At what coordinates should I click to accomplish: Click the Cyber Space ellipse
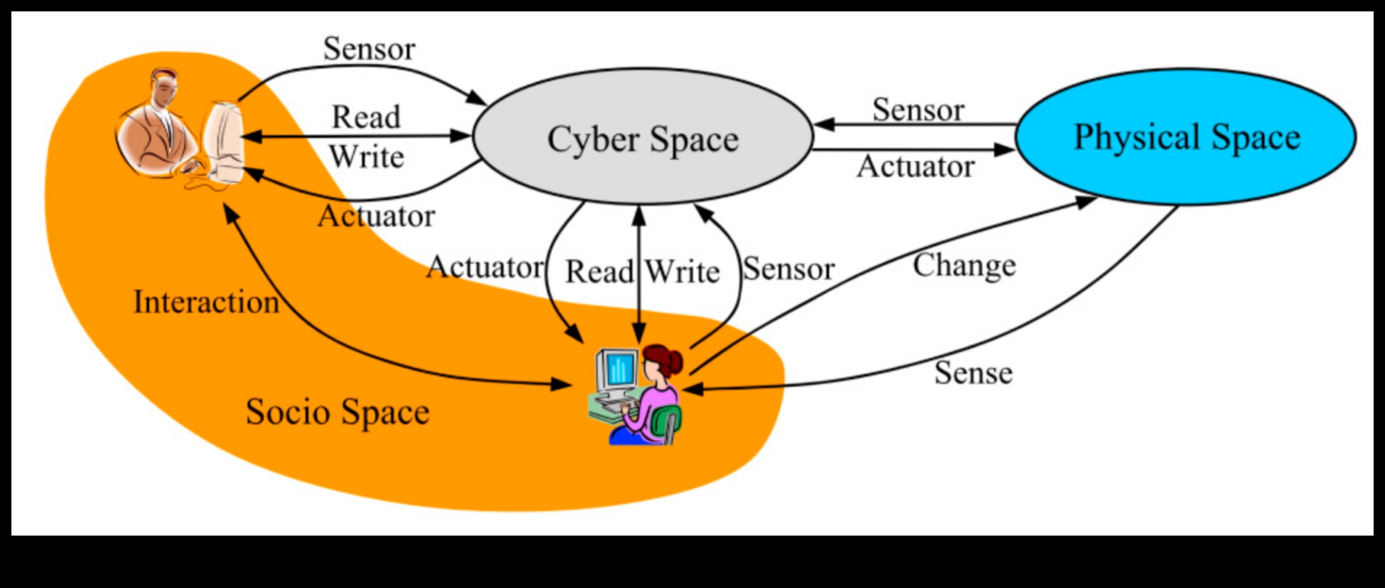click(x=642, y=137)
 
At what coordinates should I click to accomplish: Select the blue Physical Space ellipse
click(x=1186, y=137)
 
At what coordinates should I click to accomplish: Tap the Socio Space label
click(x=337, y=412)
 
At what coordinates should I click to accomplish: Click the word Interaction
click(x=206, y=302)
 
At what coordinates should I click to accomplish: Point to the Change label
click(x=964, y=266)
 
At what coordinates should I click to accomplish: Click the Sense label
click(x=973, y=374)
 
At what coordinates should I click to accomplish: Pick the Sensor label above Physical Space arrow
click(x=918, y=109)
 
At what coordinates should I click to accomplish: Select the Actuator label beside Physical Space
click(x=915, y=167)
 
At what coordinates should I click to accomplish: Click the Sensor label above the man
click(x=369, y=49)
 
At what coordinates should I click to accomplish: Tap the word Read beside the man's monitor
click(x=366, y=117)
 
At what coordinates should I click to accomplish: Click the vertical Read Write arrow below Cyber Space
click(x=639, y=273)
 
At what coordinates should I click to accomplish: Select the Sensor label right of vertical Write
click(x=789, y=269)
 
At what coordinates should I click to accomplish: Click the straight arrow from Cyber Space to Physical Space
click(x=911, y=150)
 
